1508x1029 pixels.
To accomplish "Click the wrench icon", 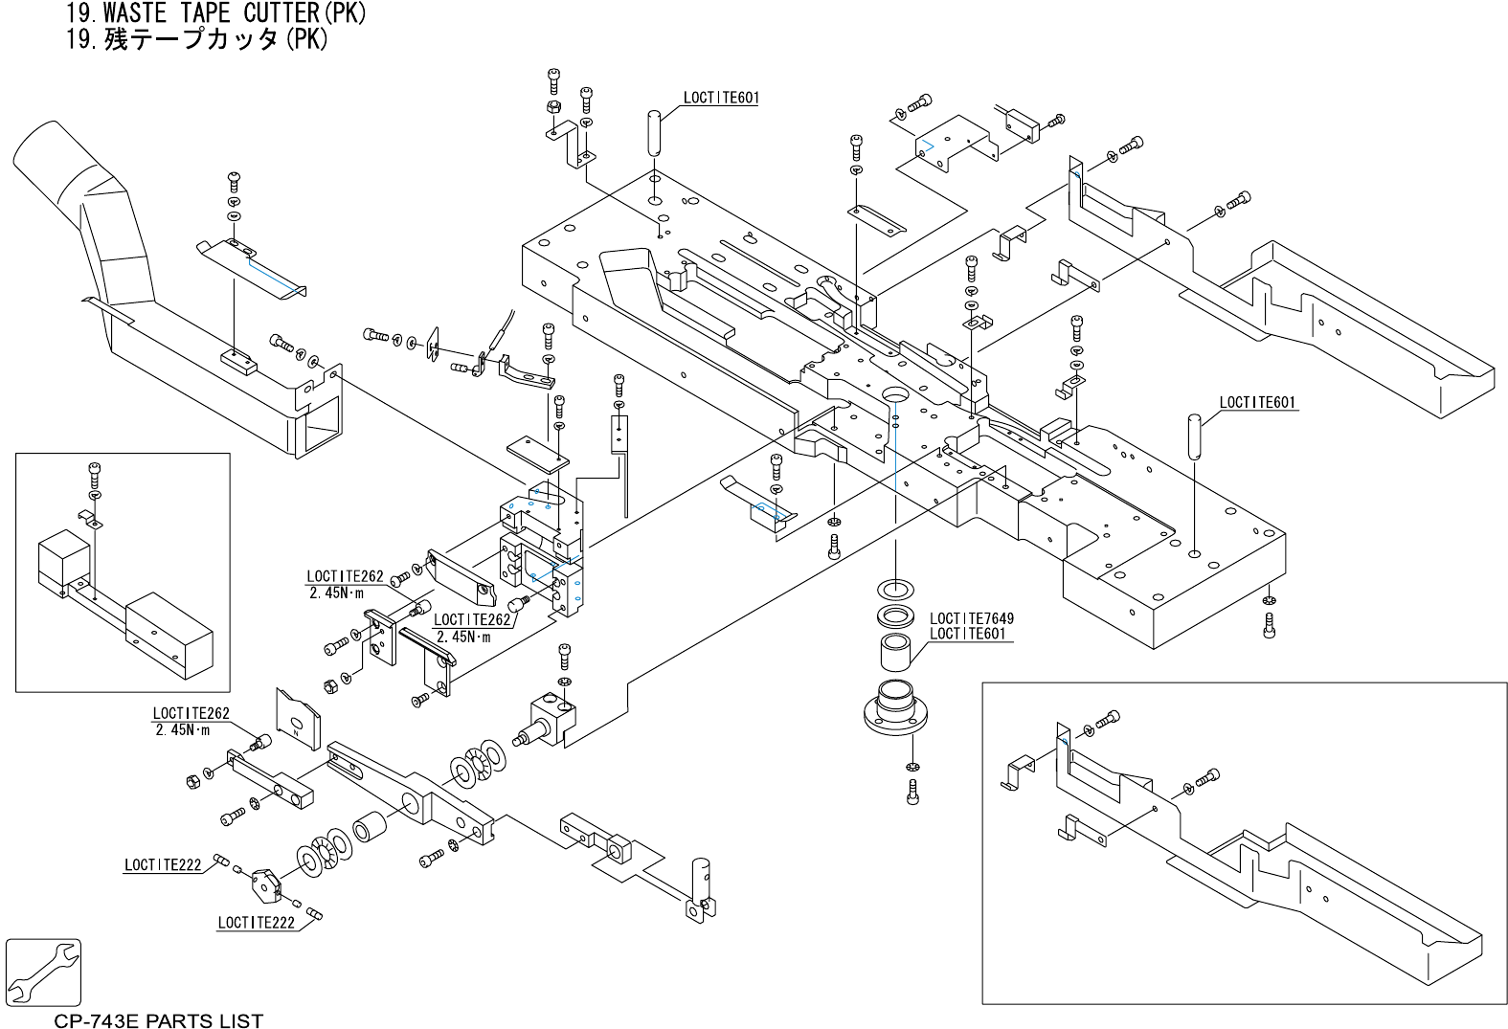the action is point(43,973).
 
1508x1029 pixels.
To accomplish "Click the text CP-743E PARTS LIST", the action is point(158,1020).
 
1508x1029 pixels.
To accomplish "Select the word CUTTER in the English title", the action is point(282,12).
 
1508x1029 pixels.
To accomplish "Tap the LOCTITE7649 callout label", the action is point(972,617).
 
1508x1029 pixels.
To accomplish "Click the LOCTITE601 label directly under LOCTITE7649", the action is point(967,634).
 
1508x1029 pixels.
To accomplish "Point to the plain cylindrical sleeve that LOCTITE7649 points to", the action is point(895,652).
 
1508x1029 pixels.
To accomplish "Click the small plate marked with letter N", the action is point(298,719).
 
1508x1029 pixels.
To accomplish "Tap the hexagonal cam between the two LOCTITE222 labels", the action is point(266,884).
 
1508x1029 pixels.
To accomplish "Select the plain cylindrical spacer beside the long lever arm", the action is point(370,826).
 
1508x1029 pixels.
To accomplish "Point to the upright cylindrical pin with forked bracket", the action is point(701,889).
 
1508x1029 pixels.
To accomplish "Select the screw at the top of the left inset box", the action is point(94,476).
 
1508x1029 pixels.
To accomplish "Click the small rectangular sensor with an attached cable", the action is point(1023,124).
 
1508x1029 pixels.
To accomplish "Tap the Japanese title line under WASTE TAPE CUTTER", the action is point(197,39).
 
